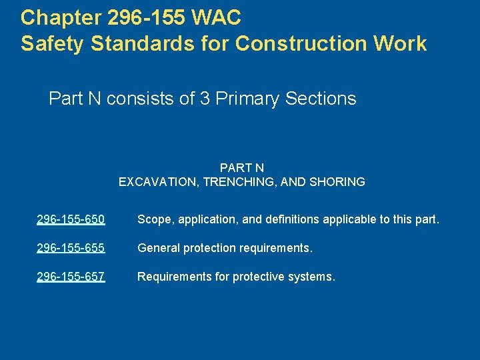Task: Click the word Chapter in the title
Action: [56, 15]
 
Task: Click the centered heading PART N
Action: [241, 167]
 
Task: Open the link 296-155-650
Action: [71, 219]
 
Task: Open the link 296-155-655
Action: [71, 248]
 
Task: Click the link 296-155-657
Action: [71, 277]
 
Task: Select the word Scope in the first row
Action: [153, 219]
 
